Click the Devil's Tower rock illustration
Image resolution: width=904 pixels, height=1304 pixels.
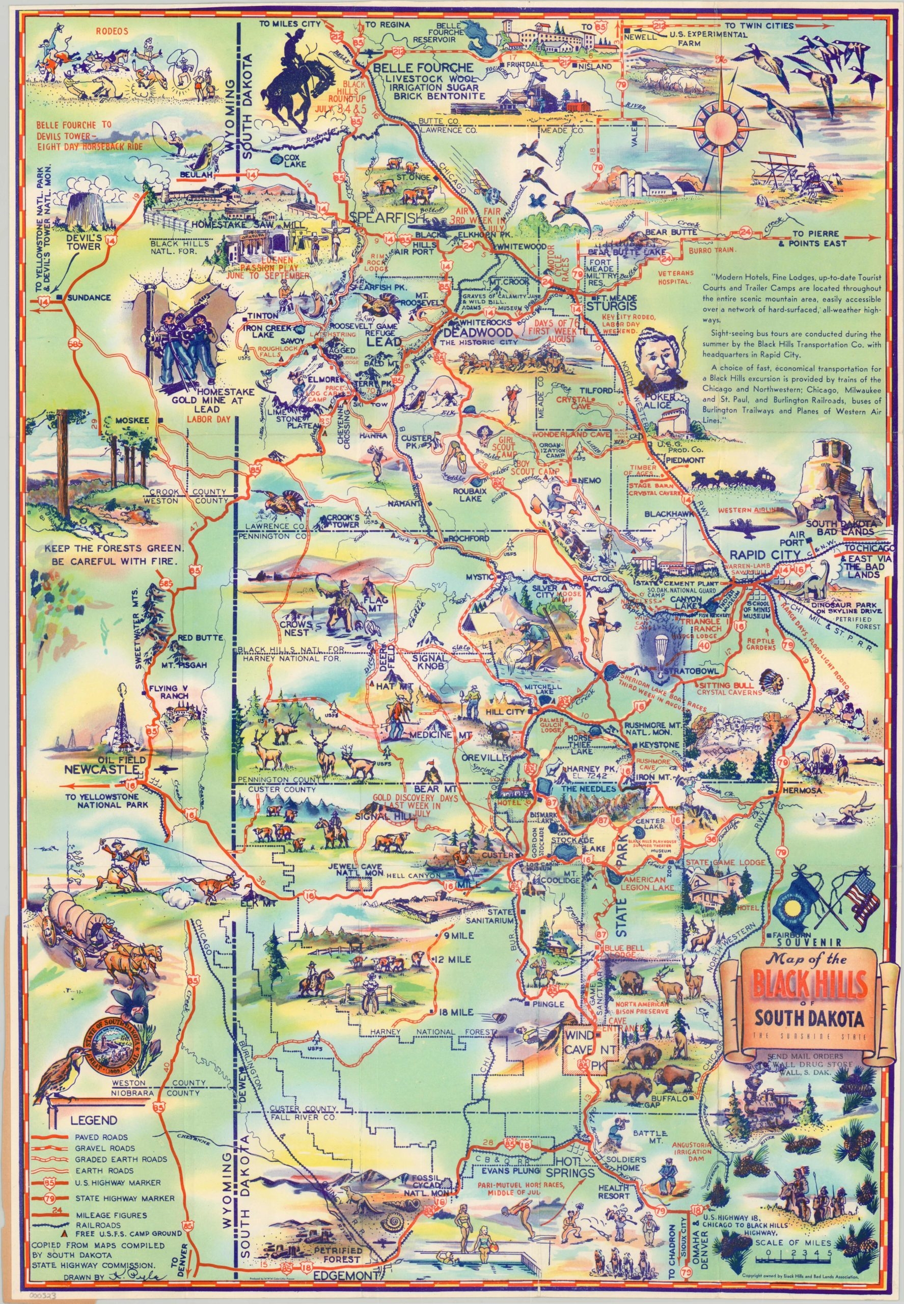pyautogui.click(x=83, y=209)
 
